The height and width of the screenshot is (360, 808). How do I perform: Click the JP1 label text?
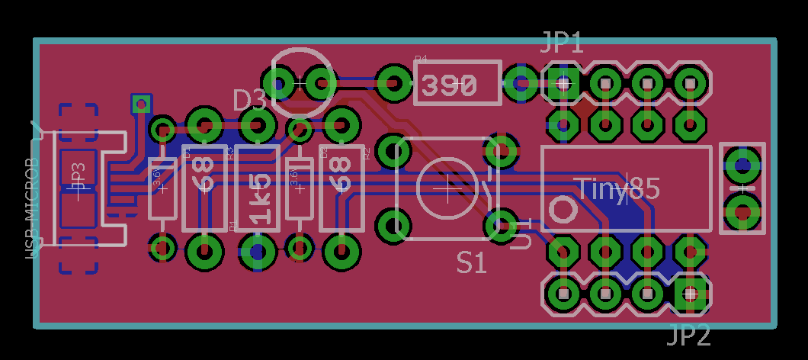pos(563,43)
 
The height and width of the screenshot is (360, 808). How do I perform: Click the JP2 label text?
pos(689,335)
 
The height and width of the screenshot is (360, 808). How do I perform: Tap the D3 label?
pos(249,101)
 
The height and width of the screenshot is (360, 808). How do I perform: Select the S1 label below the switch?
pos(472,263)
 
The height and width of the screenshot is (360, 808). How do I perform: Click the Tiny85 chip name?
pos(617,188)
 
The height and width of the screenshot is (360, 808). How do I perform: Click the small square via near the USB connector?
pos(141,103)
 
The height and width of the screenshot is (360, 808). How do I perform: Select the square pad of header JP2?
pos(690,292)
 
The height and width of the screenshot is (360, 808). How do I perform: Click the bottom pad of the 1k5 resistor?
pos(258,250)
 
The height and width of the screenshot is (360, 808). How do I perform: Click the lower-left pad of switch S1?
pos(394,225)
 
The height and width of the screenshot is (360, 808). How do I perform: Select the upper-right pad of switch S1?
pos(502,151)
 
